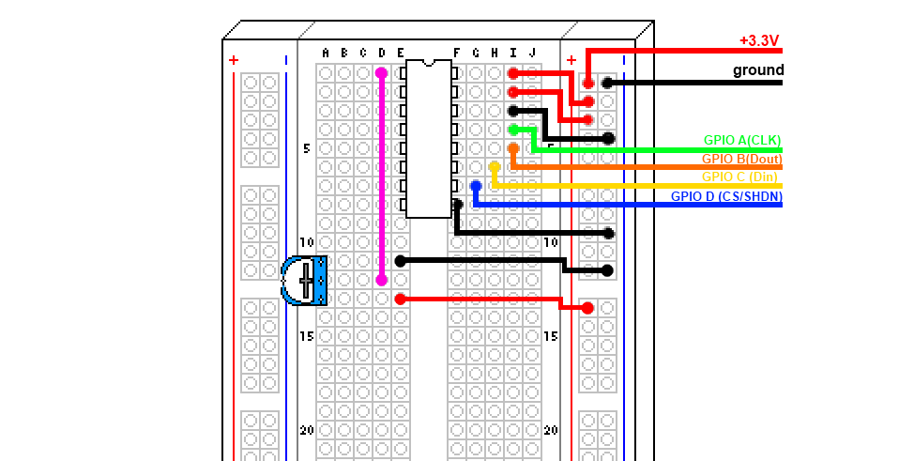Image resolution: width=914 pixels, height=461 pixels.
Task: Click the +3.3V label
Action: [x=759, y=41]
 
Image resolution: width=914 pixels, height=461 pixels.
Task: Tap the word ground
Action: [x=758, y=70]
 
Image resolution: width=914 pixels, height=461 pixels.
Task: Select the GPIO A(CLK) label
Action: [x=742, y=140]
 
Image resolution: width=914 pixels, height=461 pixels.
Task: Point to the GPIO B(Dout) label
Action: [x=741, y=159]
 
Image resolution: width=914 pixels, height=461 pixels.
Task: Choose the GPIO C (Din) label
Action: [x=739, y=177]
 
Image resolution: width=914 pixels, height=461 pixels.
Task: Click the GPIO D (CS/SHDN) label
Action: [x=726, y=196]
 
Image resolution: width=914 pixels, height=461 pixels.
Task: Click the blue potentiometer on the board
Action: [x=304, y=281]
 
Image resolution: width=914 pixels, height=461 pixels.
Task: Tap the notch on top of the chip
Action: [x=429, y=63]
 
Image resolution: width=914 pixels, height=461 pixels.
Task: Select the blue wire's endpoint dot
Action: [x=476, y=186]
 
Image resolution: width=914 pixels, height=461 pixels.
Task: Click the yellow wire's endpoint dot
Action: [x=495, y=167]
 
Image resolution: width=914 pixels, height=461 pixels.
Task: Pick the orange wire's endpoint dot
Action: [x=513, y=148]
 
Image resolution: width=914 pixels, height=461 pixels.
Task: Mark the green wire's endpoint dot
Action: [x=513, y=130]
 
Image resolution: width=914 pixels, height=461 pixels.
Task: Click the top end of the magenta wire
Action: [x=381, y=73]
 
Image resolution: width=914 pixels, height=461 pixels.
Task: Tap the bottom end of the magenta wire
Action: [x=381, y=280]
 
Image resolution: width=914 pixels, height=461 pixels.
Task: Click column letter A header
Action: [x=326, y=54]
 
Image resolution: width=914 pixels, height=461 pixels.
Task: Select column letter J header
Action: [x=532, y=54]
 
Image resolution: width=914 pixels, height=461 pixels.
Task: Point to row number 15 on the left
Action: [x=307, y=336]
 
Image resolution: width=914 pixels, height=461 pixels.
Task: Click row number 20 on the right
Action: [x=550, y=430]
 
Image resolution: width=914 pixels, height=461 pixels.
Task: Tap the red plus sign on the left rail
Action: [x=234, y=60]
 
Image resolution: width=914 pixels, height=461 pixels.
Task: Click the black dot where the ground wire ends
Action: [x=607, y=83]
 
